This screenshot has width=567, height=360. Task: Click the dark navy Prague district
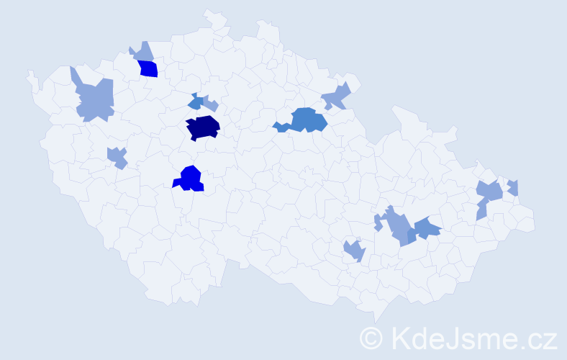pyautogui.click(x=203, y=127)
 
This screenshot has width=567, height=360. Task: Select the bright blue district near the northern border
pyautogui.click(x=148, y=69)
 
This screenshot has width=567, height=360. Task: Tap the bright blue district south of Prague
pyautogui.click(x=191, y=179)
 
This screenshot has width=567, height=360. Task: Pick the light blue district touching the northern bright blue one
pyautogui.click(x=142, y=52)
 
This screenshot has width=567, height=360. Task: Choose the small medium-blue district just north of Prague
pyautogui.click(x=195, y=103)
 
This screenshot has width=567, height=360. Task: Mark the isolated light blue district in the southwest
pyautogui.click(x=117, y=157)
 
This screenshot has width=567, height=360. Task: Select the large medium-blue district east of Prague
pyautogui.click(x=307, y=120)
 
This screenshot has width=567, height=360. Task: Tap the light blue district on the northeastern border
pyautogui.click(x=336, y=96)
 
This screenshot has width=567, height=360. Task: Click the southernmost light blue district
pyautogui.click(x=354, y=251)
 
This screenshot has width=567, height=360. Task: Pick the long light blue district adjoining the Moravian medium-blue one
pyautogui.click(x=398, y=227)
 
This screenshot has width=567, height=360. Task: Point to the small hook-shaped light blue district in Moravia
pyautogui.click(x=378, y=223)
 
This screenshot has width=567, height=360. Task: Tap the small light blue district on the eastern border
pyautogui.click(x=513, y=187)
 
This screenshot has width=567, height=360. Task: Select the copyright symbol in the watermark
pyautogui.click(x=372, y=338)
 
